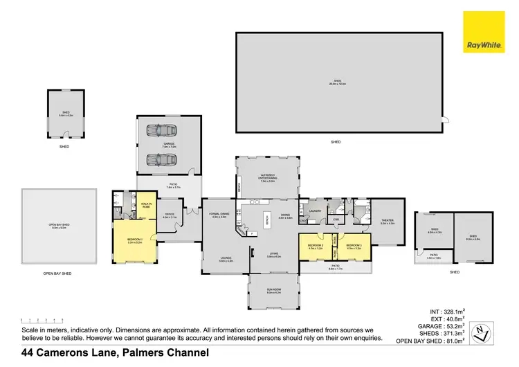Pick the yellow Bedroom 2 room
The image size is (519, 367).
tap(315, 247)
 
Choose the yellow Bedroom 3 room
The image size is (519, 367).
tap(354, 247)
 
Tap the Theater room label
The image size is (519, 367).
tap(387, 222)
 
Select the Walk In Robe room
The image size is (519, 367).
tap(146, 205)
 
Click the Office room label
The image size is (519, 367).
tap(170, 216)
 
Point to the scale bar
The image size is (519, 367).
tap(42, 320)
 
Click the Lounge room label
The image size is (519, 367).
tap(217, 260)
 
